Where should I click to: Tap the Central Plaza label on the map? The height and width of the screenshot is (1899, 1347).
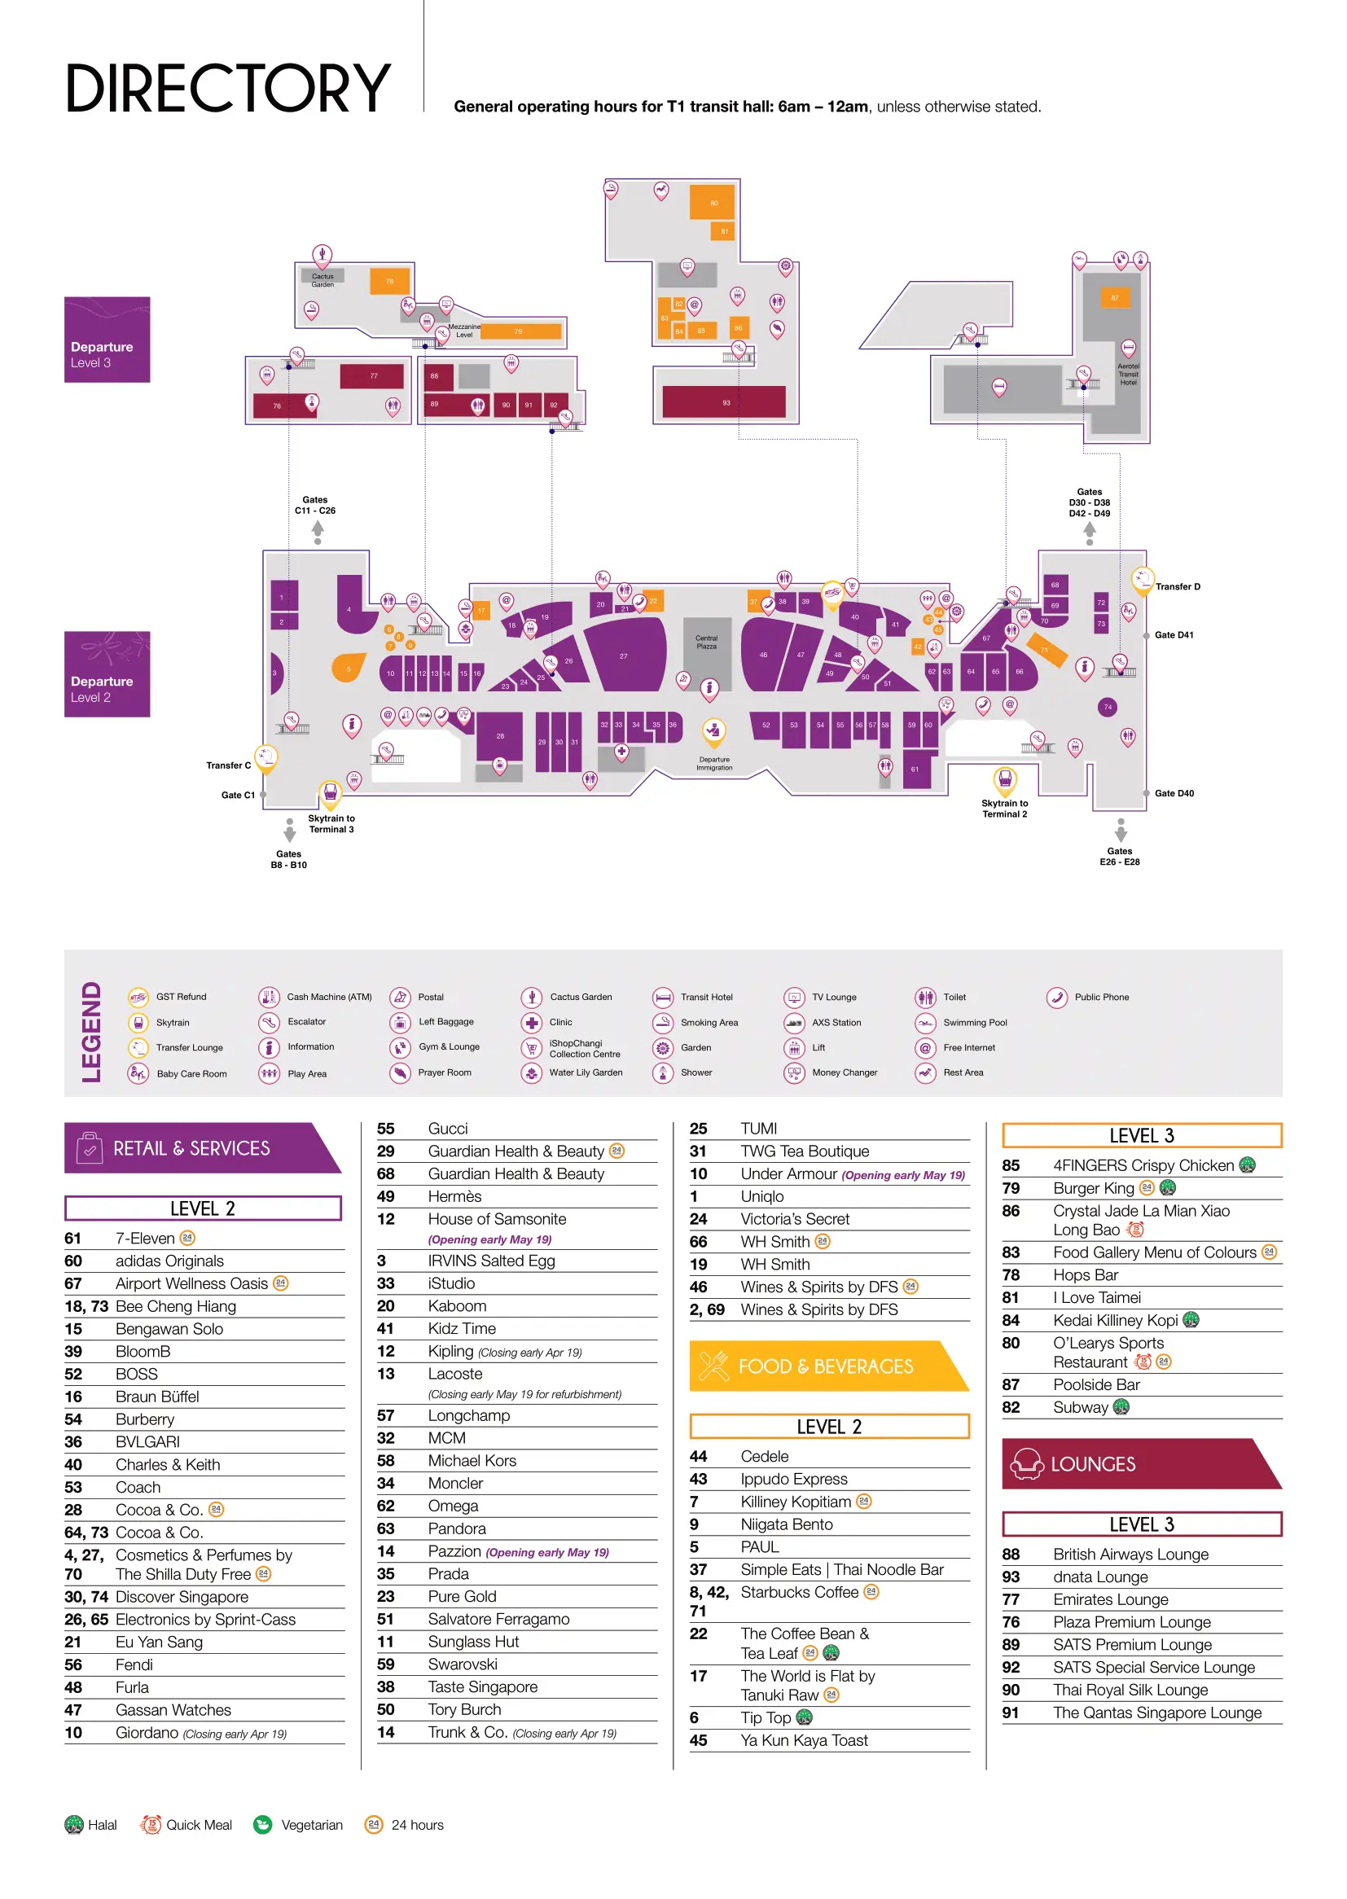[706, 643]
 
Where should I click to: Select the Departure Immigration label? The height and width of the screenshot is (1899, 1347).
[714, 763]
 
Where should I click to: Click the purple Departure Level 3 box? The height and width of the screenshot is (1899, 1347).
[107, 340]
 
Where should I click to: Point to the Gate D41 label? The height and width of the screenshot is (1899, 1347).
[1174, 635]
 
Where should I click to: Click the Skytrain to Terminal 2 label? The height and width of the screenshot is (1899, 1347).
[1004, 809]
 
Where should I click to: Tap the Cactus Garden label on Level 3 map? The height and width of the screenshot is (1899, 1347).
[322, 280]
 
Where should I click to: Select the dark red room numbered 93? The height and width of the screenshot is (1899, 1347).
[724, 402]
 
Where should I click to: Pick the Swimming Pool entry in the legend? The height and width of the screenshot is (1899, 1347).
[975, 1023]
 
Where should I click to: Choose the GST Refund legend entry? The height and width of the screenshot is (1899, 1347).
[181, 997]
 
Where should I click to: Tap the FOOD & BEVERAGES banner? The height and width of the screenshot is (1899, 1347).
[825, 1366]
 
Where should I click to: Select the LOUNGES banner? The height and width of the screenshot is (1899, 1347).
[1092, 1464]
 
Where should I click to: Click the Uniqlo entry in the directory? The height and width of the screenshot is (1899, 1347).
[761, 1196]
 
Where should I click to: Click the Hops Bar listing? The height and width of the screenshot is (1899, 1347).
[1085, 1274]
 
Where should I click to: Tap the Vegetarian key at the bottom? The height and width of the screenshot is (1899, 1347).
[311, 1824]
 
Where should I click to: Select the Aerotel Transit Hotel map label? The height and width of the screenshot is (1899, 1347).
[1128, 374]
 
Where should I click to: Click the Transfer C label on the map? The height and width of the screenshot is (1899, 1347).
[228, 765]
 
